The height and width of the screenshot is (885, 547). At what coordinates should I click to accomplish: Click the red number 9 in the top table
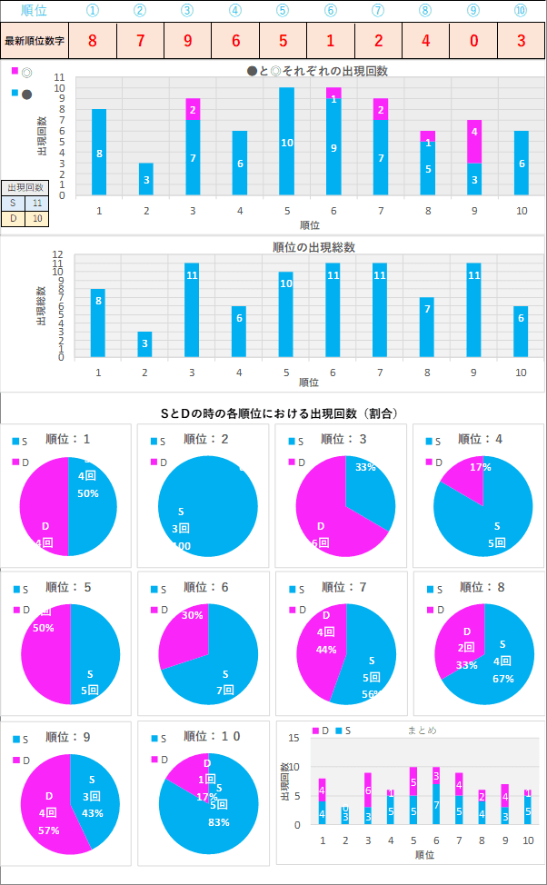pos(187,41)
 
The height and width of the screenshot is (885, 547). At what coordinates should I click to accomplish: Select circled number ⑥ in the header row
pos(330,10)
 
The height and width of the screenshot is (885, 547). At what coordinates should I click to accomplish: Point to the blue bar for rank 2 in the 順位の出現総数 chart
pos(145,343)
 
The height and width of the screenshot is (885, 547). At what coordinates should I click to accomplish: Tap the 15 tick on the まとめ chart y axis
pos(295,738)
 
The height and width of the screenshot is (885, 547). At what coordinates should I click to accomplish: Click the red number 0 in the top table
pos(473,41)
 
